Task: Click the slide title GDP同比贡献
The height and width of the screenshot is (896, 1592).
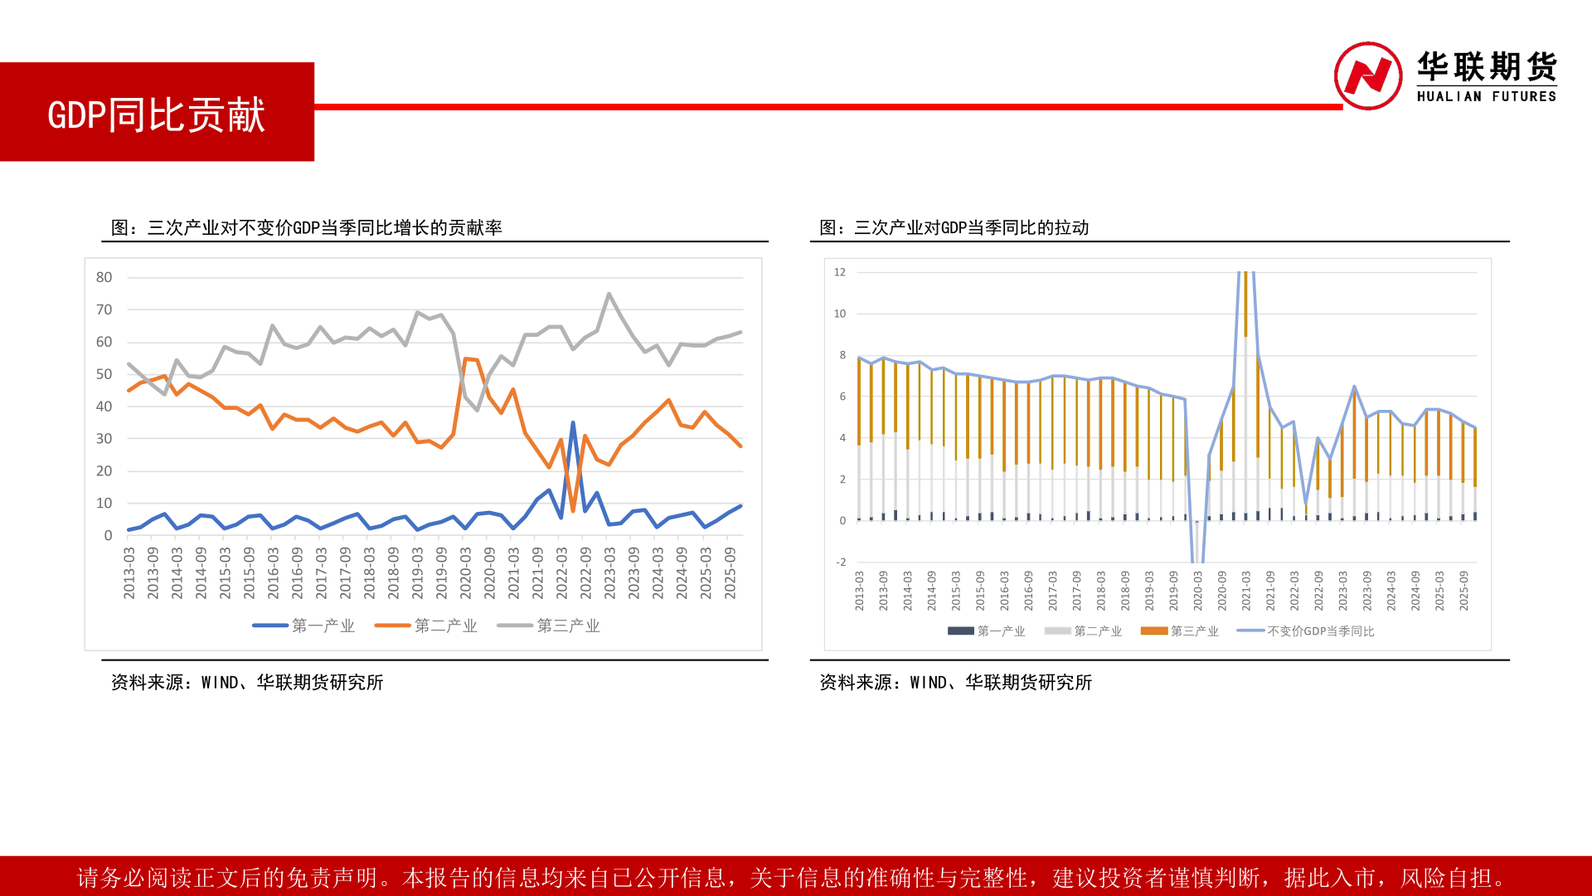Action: (x=157, y=114)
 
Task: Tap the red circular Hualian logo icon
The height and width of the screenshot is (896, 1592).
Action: (x=1368, y=75)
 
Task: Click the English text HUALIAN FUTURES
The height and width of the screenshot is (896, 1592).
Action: (x=1487, y=96)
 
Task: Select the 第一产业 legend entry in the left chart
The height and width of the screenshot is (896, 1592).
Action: (x=303, y=626)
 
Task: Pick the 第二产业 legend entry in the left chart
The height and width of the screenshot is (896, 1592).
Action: (x=426, y=626)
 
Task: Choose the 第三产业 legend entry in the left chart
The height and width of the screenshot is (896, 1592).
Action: (x=549, y=626)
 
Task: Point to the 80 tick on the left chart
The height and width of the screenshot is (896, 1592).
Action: (x=104, y=277)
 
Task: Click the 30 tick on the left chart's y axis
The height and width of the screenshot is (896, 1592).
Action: (x=104, y=438)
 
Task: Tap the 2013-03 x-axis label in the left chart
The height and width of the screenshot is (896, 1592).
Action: (x=129, y=572)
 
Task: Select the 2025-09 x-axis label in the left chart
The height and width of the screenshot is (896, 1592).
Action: (x=730, y=572)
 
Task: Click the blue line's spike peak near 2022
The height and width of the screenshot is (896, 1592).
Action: (x=573, y=423)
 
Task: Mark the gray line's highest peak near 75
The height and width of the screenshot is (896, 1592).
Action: (x=609, y=294)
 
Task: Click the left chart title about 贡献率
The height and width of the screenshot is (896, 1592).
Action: (x=306, y=227)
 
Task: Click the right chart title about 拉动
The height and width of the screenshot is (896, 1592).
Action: (x=954, y=227)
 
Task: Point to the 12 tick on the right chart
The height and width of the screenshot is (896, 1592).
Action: (x=840, y=272)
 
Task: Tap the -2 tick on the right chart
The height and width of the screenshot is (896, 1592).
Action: (x=841, y=562)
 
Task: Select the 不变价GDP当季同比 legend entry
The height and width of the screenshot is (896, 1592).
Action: (x=1306, y=631)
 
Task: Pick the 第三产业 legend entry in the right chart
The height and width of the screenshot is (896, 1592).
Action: (x=1180, y=631)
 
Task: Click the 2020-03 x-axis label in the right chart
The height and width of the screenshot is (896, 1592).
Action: (x=1197, y=591)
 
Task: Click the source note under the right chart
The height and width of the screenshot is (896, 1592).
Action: (x=955, y=682)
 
